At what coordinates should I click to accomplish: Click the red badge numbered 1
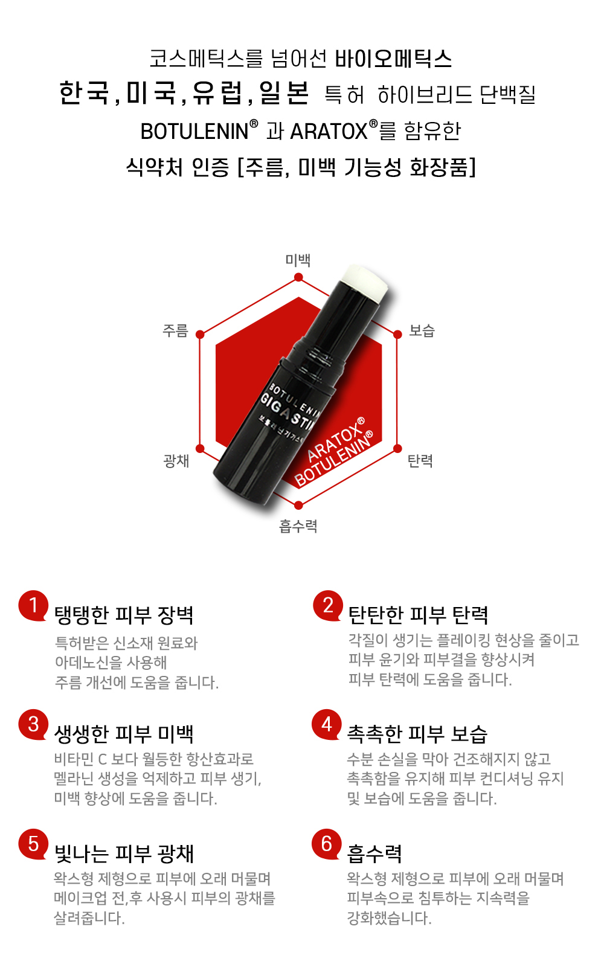tap(33, 605)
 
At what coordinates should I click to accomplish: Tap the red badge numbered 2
tap(328, 605)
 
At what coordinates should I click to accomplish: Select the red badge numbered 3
tap(33, 724)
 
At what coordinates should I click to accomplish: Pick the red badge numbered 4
tap(327, 724)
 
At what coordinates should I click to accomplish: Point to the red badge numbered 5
tap(33, 844)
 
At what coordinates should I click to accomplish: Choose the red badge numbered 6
tap(327, 844)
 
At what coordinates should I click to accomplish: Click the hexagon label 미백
tap(298, 260)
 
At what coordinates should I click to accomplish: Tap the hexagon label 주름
tap(175, 331)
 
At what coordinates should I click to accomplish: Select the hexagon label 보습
tap(422, 331)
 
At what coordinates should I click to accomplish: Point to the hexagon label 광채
tap(176, 461)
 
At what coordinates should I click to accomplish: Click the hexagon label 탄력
tap(420, 461)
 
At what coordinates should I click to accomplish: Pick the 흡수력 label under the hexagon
tap(298, 526)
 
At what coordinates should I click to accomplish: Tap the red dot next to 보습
tap(397, 334)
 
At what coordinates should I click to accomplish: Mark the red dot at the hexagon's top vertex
tap(298, 278)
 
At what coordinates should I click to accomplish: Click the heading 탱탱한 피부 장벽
tap(124, 615)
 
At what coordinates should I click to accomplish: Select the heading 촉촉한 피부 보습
tap(417, 734)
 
